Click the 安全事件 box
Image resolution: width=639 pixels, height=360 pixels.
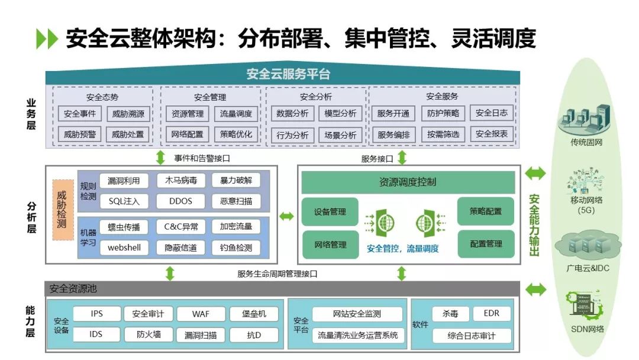[80, 114]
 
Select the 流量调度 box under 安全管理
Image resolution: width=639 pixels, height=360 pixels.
[236, 114]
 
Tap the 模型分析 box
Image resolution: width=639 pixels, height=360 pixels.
[341, 114]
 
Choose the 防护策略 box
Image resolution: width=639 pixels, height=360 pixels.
[443, 114]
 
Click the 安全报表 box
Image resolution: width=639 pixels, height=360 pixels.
[492, 134]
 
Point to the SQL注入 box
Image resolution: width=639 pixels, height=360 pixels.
[124, 201]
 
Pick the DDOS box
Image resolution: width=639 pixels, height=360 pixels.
[180, 201]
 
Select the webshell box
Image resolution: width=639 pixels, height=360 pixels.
[124, 247]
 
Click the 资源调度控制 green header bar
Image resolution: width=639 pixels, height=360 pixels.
[408, 182]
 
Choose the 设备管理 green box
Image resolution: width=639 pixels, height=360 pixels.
[330, 212]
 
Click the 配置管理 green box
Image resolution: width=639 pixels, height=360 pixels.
[486, 244]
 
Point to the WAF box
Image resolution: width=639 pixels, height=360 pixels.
[201, 314]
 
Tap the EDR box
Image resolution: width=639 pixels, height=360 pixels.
[491, 313]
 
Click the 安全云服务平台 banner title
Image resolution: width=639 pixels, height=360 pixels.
[288, 75]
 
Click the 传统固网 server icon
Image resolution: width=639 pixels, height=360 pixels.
[586, 119]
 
